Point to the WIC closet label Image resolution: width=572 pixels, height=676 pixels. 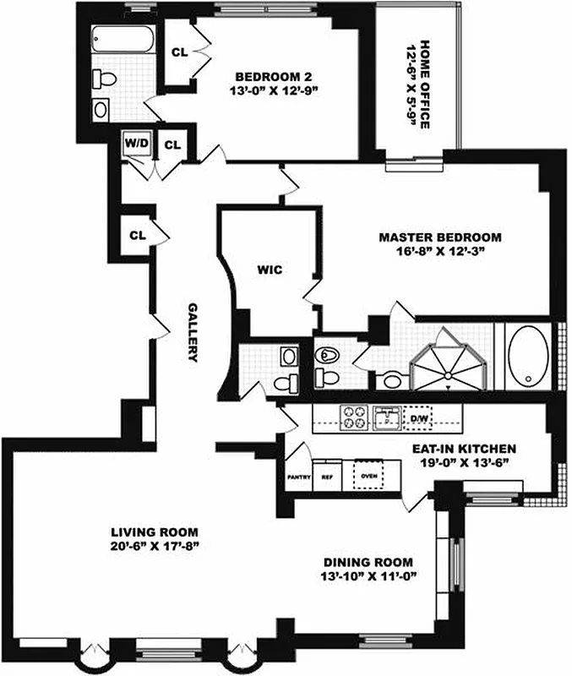point(270,271)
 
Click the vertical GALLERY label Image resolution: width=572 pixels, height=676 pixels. point(193,332)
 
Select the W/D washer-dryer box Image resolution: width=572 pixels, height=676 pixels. point(135,144)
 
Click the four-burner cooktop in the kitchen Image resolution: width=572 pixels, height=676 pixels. point(352,416)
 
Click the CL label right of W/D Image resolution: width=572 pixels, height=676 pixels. point(172,144)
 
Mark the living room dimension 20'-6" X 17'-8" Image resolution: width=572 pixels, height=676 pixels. point(155,546)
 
